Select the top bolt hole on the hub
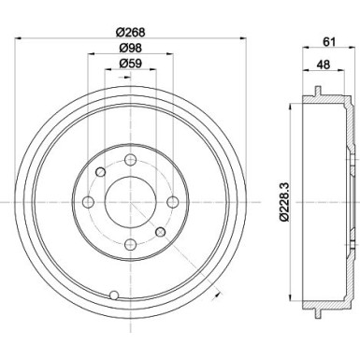tap(127, 161)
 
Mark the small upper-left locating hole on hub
tap(101, 172)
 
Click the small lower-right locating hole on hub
tap(160, 230)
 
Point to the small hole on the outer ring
tap(113, 296)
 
